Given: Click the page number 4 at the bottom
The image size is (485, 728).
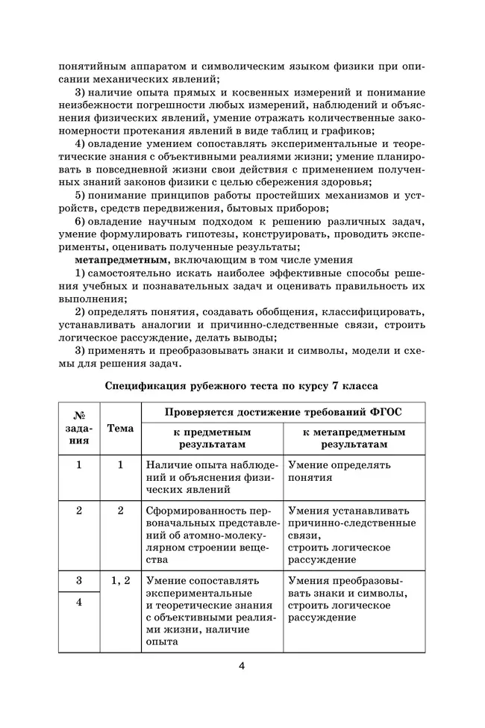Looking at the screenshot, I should (242, 666).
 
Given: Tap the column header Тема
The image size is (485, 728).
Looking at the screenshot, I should (120, 429).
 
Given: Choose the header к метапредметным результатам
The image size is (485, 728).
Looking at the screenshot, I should (354, 438).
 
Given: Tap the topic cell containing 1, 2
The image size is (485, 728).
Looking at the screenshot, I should (120, 579).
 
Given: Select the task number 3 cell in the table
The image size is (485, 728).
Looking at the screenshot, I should (79, 579).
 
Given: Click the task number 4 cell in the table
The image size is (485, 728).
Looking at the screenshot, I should (79, 603).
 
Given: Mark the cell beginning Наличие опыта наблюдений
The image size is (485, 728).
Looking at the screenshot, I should (212, 477).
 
